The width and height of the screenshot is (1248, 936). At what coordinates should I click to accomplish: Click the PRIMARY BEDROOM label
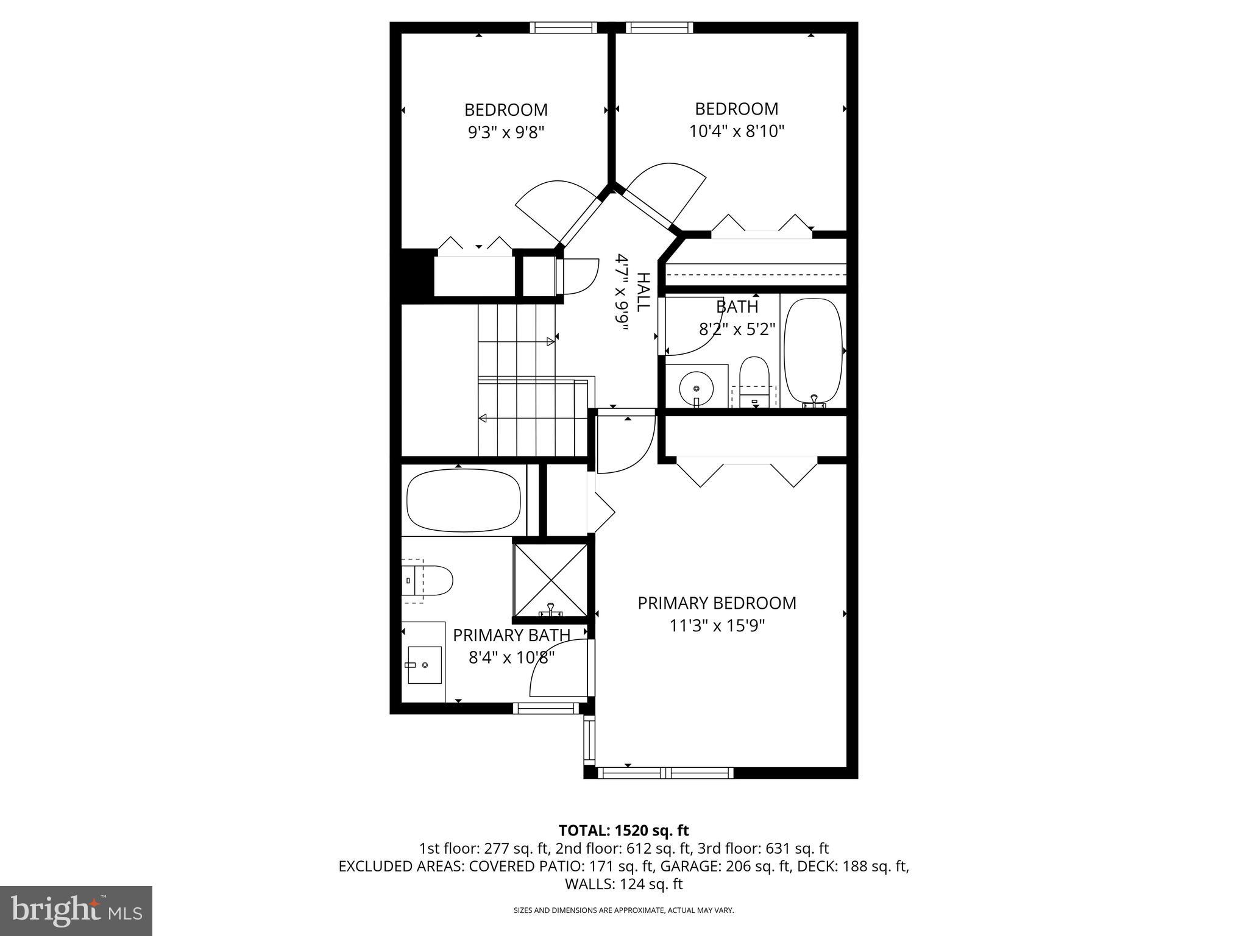click(717, 603)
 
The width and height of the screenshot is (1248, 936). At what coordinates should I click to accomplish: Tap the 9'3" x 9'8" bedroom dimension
click(505, 133)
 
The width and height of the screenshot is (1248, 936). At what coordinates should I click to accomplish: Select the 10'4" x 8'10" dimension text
click(736, 132)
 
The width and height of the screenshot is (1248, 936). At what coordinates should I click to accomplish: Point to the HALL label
click(643, 292)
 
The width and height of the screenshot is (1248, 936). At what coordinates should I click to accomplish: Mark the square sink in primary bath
click(424, 665)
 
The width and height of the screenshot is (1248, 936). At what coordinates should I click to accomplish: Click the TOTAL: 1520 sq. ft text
click(623, 831)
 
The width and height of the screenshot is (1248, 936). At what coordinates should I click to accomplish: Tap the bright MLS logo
click(76, 910)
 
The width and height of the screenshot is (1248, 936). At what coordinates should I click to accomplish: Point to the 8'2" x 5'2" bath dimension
click(736, 330)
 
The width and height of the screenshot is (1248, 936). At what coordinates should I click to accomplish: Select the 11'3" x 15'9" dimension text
click(717, 626)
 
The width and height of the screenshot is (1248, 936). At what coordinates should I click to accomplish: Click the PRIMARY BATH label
click(511, 635)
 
